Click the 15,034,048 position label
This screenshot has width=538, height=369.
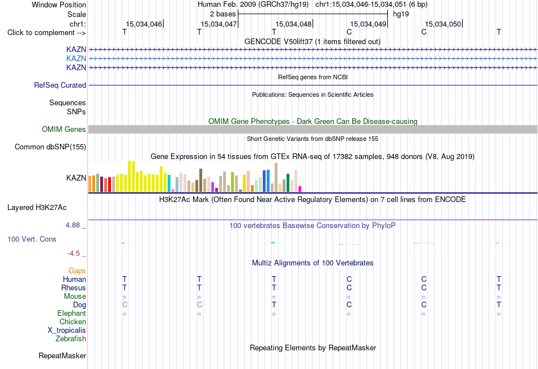[293, 24]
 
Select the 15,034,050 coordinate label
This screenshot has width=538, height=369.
[443, 24]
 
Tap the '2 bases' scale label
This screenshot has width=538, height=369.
[223, 14]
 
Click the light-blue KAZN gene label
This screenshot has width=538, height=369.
[76, 58]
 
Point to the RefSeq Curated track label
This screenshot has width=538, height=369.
[60, 85]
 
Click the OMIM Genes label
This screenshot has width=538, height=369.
[64, 129]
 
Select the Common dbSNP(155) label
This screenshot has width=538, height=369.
[50, 147]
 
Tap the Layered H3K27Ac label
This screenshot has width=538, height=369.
[37, 208]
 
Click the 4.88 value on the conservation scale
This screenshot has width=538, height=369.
[72, 225]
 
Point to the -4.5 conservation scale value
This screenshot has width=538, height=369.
[74, 254]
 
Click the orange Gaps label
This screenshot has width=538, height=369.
[77, 271]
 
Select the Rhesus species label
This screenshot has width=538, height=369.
[74, 288]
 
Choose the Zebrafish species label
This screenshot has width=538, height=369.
[71, 339]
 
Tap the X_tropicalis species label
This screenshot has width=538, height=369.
[67, 331]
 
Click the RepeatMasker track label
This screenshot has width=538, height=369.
[62, 355]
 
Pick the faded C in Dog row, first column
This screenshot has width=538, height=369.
[125, 304]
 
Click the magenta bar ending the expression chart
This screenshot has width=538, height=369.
[300, 189]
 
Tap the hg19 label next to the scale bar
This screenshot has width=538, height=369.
[401, 14]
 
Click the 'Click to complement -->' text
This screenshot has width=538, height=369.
[46, 33]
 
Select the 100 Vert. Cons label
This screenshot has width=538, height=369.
[32, 239]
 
